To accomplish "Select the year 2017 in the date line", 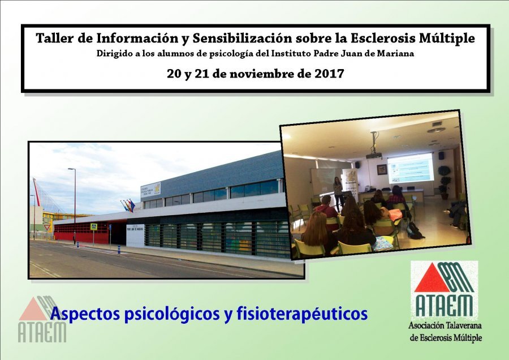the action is click(x=330, y=74).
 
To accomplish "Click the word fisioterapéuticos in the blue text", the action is click(x=302, y=314).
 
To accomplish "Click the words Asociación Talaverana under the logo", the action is click(x=445, y=325).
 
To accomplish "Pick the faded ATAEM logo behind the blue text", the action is click(x=42, y=319).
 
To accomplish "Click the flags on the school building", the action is click(x=128, y=205).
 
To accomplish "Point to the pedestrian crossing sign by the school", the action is click(x=93, y=227).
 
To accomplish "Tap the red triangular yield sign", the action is click(x=48, y=227).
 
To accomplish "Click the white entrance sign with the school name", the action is click(x=135, y=235).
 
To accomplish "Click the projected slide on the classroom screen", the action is click(x=411, y=168).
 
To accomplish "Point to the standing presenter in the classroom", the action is click(x=338, y=193).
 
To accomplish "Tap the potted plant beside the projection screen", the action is click(x=444, y=182).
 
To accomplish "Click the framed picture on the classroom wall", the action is click(x=382, y=169).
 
